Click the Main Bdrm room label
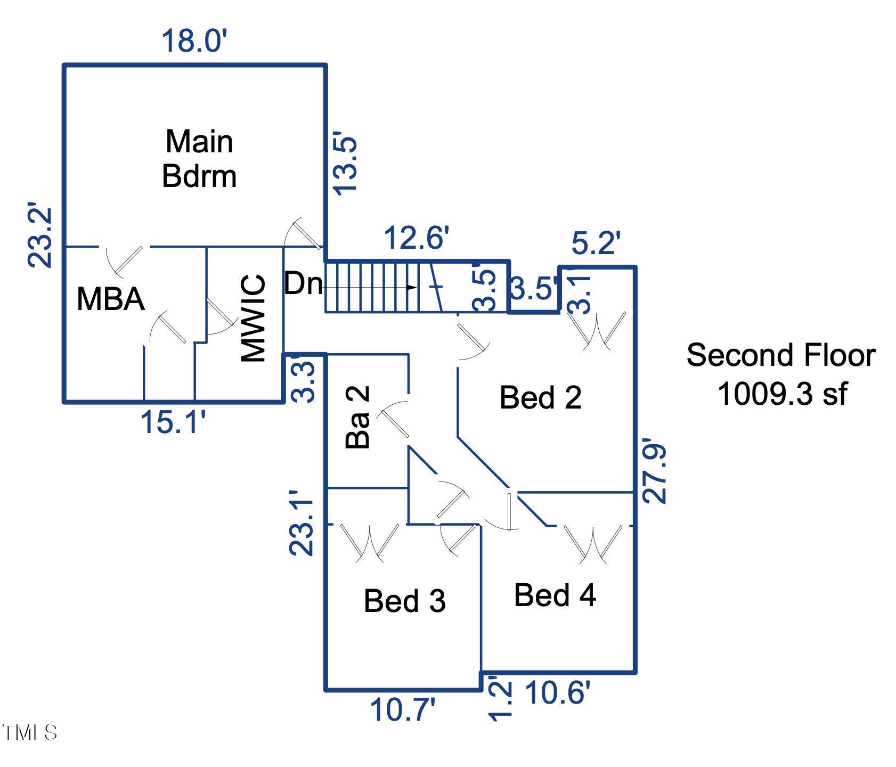[x=199, y=158]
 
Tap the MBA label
[x=111, y=299]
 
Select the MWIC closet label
[x=253, y=318]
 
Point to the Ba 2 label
[x=358, y=417]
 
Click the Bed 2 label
[x=540, y=397]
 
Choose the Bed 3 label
[x=404, y=601]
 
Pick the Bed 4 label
[x=555, y=595]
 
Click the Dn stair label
[x=303, y=284]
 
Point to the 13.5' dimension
[x=344, y=164]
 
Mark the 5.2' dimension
[x=596, y=243]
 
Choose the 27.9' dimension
[x=654, y=471]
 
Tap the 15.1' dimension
[x=173, y=422]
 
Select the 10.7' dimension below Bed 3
[x=403, y=711]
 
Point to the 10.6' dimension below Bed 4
[x=558, y=693]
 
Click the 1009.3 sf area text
[x=781, y=394]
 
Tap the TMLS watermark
[x=29, y=733]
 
